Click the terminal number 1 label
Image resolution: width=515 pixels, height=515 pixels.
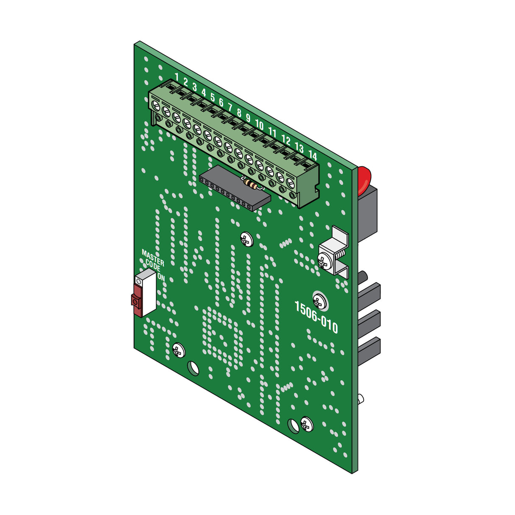click(177, 76)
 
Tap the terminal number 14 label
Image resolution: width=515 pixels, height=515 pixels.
click(313, 155)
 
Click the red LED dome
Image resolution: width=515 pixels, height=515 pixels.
click(363, 180)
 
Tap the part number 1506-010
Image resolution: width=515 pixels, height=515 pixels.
click(316, 317)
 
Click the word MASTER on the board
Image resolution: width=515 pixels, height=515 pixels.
click(153, 257)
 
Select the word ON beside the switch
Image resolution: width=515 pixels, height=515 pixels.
click(161, 277)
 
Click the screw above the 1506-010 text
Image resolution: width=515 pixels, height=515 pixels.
click(319, 300)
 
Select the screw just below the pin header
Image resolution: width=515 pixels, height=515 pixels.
click(246, 239)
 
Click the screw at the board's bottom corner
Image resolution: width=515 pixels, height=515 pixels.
click(306, 424)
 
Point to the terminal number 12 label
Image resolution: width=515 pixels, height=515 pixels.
click(286, 140)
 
